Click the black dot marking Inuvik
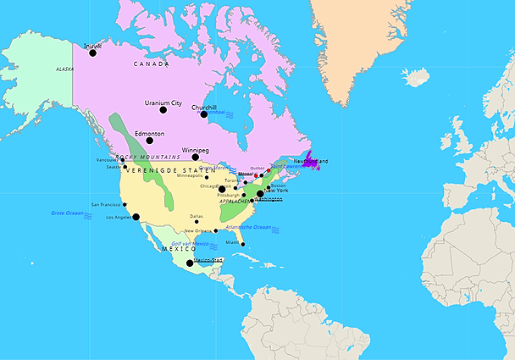tap(92, 53)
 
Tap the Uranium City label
tap(163, 103)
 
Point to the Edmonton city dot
tap(149, 140)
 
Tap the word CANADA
tap(151, 64)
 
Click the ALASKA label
tap(64, 69)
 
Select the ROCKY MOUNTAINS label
tap(149, 158)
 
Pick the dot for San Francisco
tap(125, 204)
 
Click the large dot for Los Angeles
tap(136, 217)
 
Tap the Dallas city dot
tap(197, 222)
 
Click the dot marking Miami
tap(243, 245)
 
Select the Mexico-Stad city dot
tap(189, 263)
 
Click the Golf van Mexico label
tap(191, 244)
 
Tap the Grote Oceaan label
tap(68, 213)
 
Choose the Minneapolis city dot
tap(206, 177)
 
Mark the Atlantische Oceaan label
tap(248, 227)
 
